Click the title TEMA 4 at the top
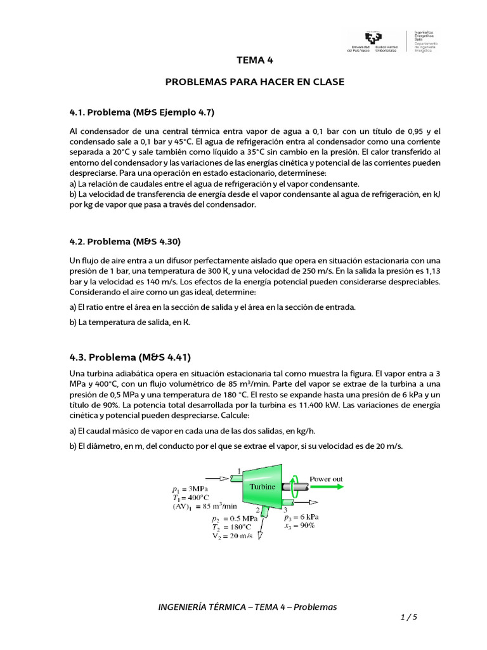(254, 61)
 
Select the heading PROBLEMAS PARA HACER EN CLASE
(254, 83)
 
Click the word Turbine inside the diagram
(263, 486)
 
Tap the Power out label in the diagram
(326, 479)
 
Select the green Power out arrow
(327, 487)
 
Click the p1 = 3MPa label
(190, 489)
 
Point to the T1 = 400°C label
(191, 498)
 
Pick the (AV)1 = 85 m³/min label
(204, 506)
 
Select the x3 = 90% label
(299, 526)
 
